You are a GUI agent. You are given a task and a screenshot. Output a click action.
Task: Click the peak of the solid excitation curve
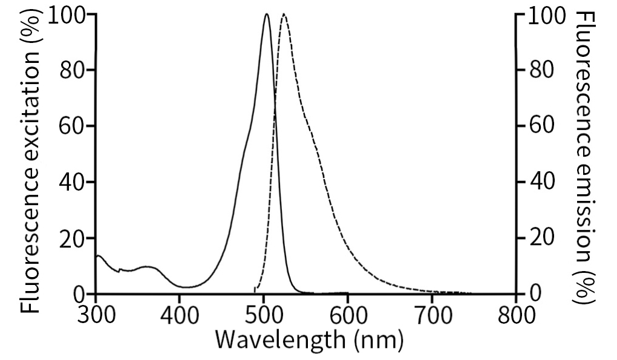266,15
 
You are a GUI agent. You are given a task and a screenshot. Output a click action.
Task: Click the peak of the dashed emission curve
284,15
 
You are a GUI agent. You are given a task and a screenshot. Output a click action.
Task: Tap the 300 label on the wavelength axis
96,315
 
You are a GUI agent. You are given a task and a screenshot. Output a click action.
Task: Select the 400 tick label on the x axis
180,315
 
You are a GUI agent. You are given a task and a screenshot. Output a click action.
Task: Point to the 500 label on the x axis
264,315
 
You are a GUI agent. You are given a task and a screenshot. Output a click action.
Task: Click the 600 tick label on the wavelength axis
348,315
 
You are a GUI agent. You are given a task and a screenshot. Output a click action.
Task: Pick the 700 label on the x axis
432,315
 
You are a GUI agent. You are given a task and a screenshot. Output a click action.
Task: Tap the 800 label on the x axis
516,315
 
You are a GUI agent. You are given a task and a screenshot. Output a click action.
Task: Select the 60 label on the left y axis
75,126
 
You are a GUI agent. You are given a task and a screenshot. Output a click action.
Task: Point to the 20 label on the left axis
75,238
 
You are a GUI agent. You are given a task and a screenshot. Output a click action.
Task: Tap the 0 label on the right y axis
535,294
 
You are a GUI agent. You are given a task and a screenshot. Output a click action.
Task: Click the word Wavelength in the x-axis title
279,340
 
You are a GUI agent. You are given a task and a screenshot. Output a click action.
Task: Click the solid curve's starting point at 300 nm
97,257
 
